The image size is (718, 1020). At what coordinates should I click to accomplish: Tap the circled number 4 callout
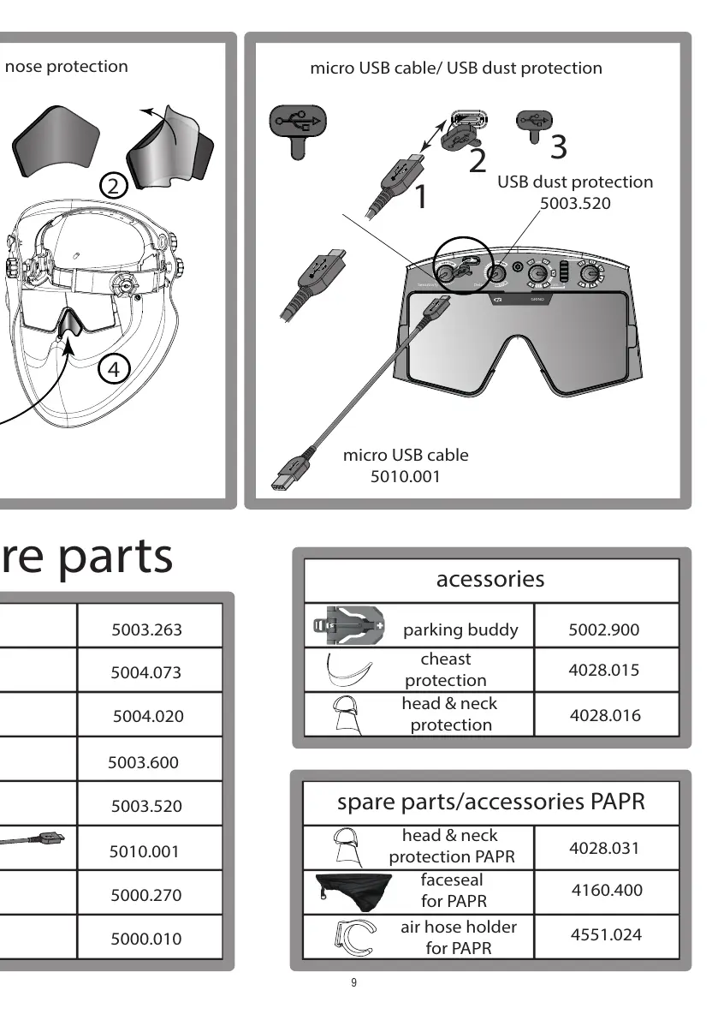[113, 369]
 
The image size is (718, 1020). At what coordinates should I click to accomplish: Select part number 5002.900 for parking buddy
[603, 629]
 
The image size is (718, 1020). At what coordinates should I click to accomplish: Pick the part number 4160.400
[606, 890]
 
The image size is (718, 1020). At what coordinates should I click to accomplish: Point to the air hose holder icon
[353, 936]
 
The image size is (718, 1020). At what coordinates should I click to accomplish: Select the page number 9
[353, 982]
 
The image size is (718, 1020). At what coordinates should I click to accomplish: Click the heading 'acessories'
[490, 579]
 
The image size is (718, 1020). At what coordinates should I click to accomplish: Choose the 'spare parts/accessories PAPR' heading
[490, 802]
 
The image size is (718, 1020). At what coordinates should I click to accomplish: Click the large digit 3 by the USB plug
[558, 147]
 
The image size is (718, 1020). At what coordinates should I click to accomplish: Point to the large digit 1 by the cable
[420, 196]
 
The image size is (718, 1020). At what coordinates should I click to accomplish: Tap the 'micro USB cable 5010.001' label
[406, 466]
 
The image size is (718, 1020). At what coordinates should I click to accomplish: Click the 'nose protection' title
[66, 67]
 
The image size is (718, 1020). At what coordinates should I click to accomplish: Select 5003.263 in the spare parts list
[146, 629]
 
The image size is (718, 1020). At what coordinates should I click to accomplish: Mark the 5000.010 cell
[146, 939]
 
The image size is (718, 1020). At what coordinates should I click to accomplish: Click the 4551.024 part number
[606, 934]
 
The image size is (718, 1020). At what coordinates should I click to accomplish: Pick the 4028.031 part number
[604, 848]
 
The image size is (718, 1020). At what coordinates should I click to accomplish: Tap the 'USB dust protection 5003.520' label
[575, 192]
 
